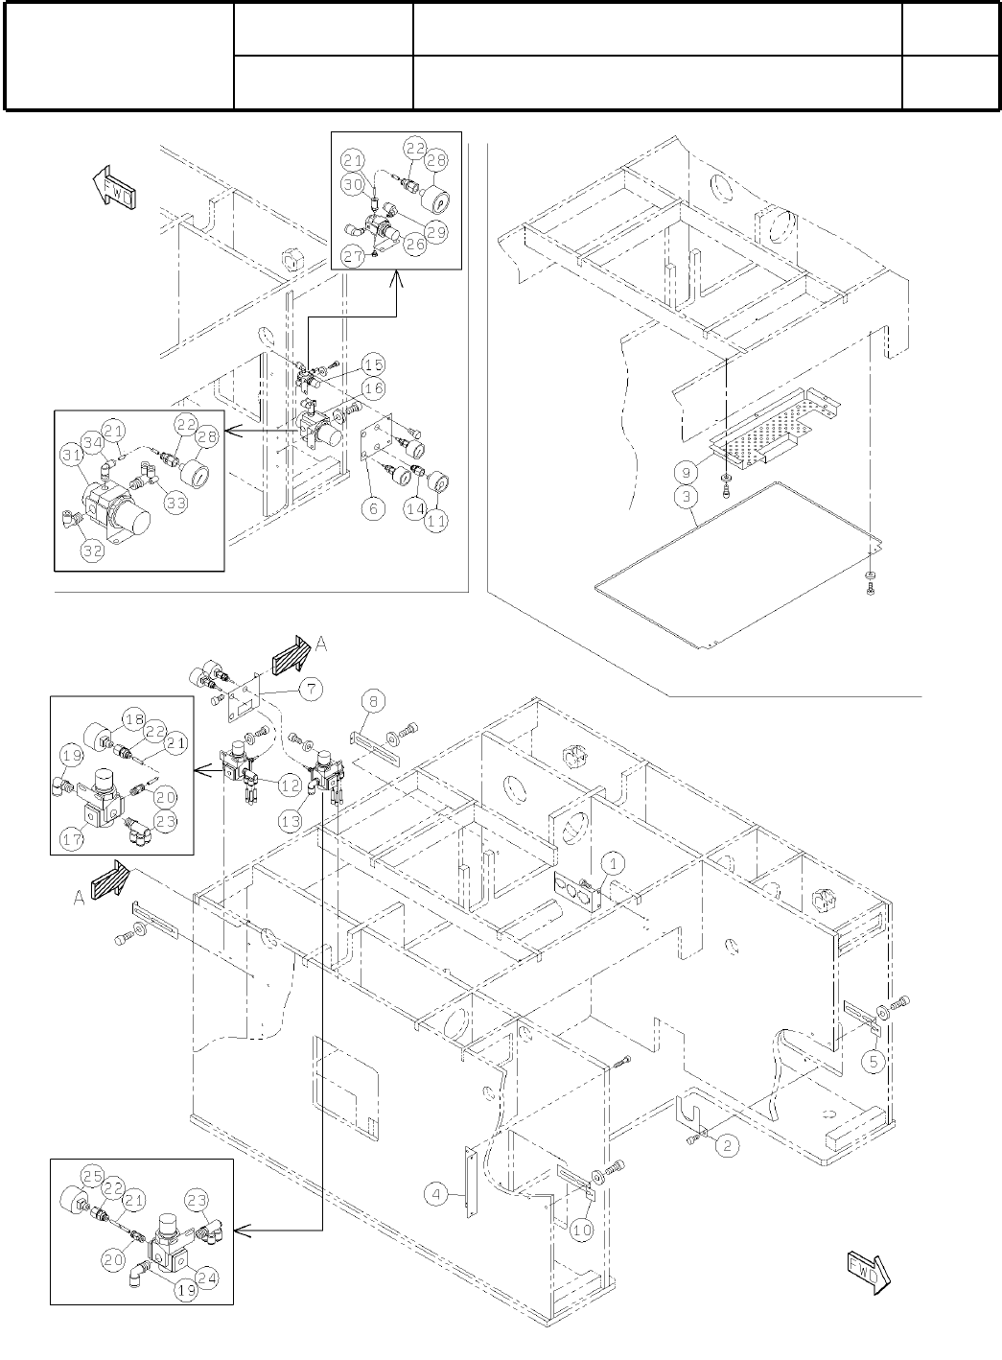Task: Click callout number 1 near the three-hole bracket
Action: point(613,864)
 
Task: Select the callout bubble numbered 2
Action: point(728,1145)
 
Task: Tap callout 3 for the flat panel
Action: point(687,496)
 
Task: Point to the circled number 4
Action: point(435,1194)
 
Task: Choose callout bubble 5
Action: point(874,1062)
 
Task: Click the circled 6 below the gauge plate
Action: point(373,508)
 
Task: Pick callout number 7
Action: point(311,689)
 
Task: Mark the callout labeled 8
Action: point(373,702)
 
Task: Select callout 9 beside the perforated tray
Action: point(687,472)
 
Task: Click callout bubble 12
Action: point(291,786)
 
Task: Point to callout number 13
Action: point(291,821)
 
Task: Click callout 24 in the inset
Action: point(206,1278)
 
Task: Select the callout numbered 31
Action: point(72,455)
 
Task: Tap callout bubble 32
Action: point(93,551)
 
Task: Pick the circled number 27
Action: point(353,256)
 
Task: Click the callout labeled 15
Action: point(374,364)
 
